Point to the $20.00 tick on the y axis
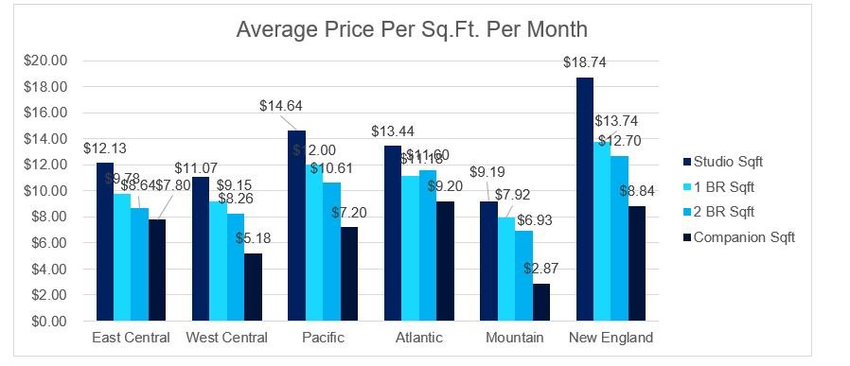coord(44,61)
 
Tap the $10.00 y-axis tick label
coord(44,190)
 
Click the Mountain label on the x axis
coord(514,338)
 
